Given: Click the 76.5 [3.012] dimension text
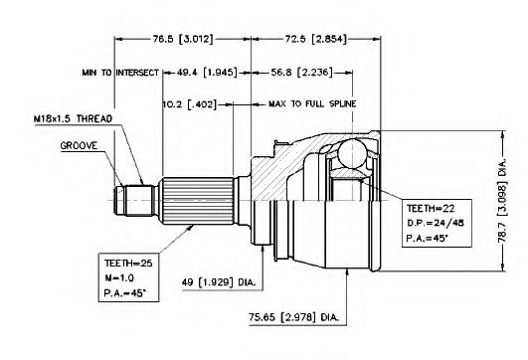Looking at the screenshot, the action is click(183, 39).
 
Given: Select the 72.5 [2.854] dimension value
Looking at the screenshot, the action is click(316, 39).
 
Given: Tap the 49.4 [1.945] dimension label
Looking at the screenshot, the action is click(207, 72).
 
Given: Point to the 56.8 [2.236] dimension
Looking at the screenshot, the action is click(301, 72).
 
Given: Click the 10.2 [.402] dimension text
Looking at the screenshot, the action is click(190, 104).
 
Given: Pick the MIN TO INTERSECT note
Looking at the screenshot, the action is click(120, 73).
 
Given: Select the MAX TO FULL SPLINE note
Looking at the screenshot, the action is click(312, 103).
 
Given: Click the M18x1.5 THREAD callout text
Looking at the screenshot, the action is click(73, 119).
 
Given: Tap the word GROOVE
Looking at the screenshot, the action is click(79, 146).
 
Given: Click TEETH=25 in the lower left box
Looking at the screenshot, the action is click(128, 263).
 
